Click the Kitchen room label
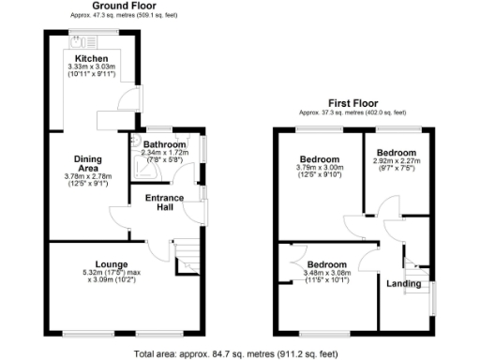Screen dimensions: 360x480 click(x=91, y=58)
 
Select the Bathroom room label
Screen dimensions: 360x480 click(x=166, y=143)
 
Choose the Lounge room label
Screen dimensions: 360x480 click(x=112, y=264)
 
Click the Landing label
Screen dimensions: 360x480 click(x=404, y=283)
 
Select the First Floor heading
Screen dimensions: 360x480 click(x=352, y=101)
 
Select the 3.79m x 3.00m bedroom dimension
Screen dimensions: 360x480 click(x=318, y=170)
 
